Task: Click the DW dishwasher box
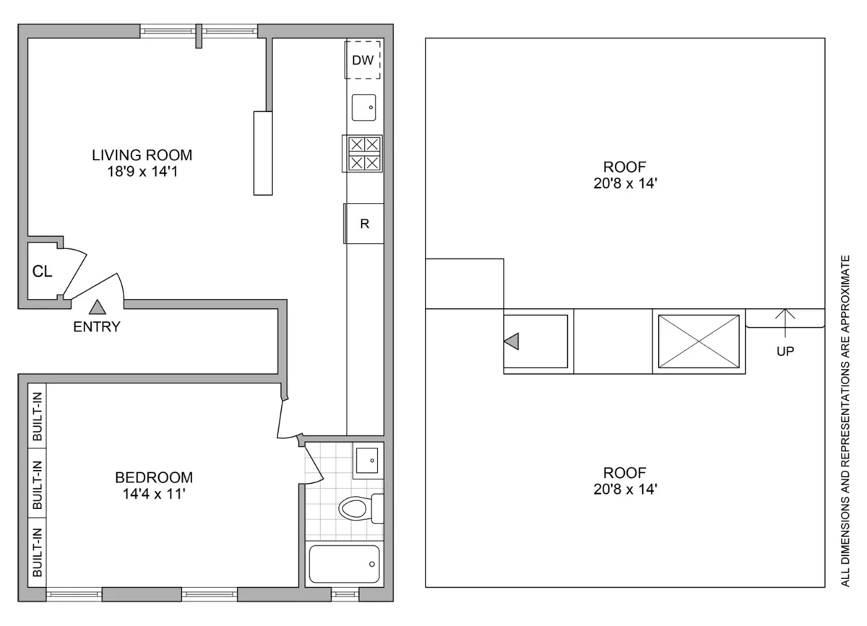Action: pos(363,61)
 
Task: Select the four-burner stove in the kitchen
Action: pos(364,153)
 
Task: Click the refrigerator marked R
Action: pos(365,224)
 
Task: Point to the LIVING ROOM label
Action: pos(142,155)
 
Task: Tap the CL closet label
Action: pos(41,271)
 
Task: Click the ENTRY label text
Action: pos(97,326)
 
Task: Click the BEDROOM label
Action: pos(154,477)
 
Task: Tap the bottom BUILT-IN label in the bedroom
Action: pos(37,552)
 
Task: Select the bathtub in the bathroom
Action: pos(344,564)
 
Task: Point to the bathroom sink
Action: pos(367,459)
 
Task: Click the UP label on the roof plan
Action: pos(785,352)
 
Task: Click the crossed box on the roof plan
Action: pos(697,342)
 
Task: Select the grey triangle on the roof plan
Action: pos(511,342)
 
